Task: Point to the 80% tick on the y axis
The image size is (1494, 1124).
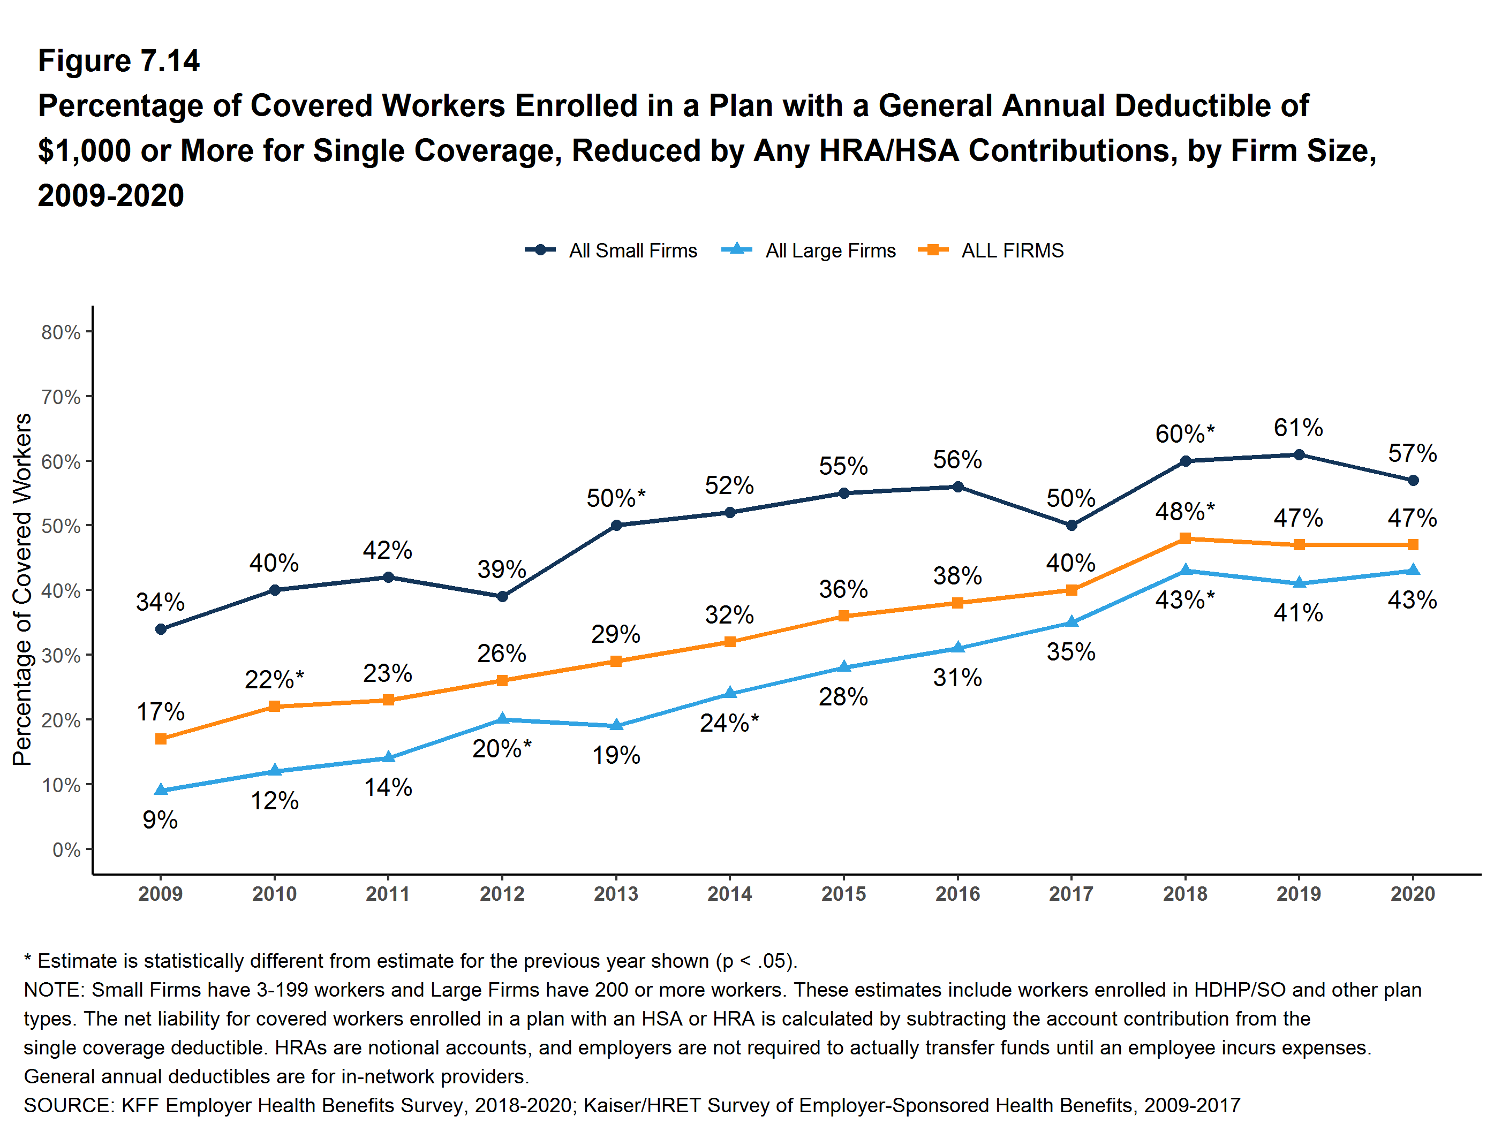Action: click(x=61, y=332)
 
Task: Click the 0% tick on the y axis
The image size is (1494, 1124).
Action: click(x=66, y=849)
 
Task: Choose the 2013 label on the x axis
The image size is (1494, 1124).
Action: click(x=615, y=894)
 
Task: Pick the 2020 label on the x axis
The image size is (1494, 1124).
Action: click(x=1412, y=894)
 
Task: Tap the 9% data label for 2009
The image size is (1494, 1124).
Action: click(x=160, y=819)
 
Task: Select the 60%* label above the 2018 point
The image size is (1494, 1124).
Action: click(x=1184, y=434)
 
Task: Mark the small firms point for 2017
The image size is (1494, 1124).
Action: click(x=1071, y=525)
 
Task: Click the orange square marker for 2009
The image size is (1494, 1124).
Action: click(x=161, y=739)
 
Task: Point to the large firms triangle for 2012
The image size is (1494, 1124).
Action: click(x=502, y=719)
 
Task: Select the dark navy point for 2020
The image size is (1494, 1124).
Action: click(x=1413, y=480)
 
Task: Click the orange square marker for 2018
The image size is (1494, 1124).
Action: click(x=1184, y=538)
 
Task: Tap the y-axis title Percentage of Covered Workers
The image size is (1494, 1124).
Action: click(x=22, y=589)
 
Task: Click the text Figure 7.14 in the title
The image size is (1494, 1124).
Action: click(x=119, y=61)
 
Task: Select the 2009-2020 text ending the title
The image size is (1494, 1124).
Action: click(x=111, y=195)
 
